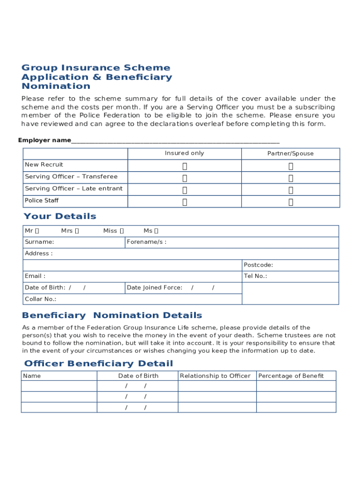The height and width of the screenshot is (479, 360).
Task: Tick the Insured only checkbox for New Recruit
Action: point(185,166)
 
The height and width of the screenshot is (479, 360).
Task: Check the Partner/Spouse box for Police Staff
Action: point(291,202)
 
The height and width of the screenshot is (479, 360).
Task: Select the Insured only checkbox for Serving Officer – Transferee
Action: point(185,178)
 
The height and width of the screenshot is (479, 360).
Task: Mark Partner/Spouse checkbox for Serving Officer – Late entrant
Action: point(291,190)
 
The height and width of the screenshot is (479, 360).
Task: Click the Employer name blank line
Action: point(175,141)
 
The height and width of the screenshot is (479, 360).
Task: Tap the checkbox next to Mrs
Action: point(77,231)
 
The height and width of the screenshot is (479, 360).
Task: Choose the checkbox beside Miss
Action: point(122,231)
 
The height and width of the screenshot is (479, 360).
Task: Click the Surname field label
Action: point(39,242)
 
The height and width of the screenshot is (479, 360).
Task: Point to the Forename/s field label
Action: point(146,242)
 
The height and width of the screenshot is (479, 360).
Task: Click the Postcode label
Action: point(258,265)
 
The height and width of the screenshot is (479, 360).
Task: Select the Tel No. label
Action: point(255,276)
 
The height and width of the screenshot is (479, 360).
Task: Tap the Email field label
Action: point(35,276)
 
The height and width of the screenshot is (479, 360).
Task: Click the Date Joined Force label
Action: point(154,288)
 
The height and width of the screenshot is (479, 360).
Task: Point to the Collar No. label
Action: point(40,299)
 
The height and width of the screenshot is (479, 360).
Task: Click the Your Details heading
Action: point(60,216)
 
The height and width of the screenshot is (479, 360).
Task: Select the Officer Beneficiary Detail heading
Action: point(98,363)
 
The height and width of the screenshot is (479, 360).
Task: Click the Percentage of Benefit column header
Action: point(291,376)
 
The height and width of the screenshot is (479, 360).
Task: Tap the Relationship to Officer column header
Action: point(215,376)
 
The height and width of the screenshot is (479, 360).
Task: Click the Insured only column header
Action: point(184,153)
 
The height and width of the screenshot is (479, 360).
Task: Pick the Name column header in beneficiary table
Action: point(32,376)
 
